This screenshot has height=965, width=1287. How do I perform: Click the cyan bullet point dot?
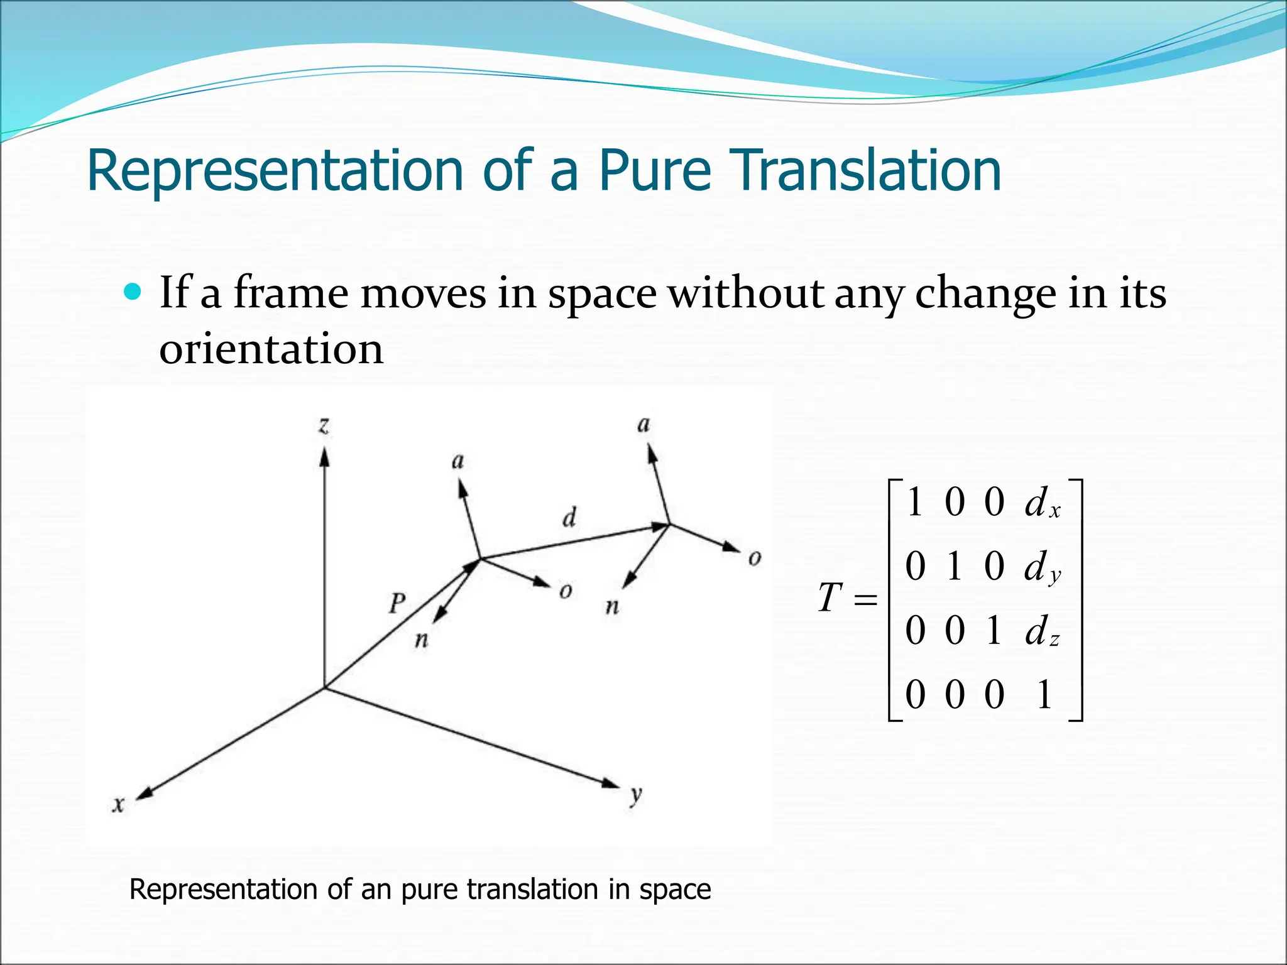[133, 292]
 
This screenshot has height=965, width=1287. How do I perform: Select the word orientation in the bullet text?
[271, 349]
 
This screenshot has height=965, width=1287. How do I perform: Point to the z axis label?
[324, 426]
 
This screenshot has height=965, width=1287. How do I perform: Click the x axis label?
[118, 804]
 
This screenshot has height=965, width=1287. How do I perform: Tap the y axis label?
[636, 795]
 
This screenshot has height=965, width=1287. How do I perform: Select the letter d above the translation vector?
[569, 518]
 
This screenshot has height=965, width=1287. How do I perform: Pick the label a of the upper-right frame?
[643, 425]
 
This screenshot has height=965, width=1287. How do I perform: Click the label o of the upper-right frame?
[755, 558]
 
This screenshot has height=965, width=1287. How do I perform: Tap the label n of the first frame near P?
[422, 640]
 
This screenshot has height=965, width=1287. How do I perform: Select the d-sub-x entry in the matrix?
[1042, 504]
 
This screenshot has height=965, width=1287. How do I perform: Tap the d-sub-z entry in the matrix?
[1042, 632]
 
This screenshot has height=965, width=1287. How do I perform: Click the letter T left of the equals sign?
[830, 597]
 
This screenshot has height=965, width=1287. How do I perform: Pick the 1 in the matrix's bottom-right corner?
[1044, 695]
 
